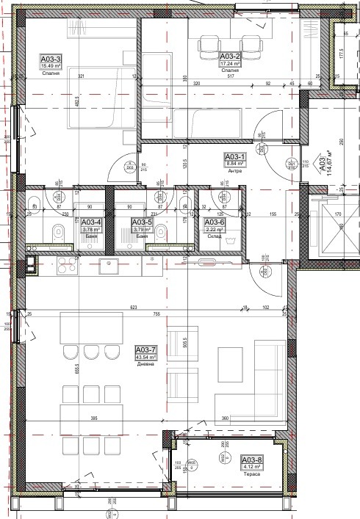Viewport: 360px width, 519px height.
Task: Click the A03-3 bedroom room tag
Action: [x=51, y=58]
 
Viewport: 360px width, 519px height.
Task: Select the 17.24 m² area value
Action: [x=231, y=63]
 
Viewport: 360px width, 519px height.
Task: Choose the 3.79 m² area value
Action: [x=140, y=229]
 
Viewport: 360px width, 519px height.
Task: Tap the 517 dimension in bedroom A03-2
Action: [x=229, y=76]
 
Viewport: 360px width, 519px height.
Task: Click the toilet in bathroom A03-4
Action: [x=60, y=234]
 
